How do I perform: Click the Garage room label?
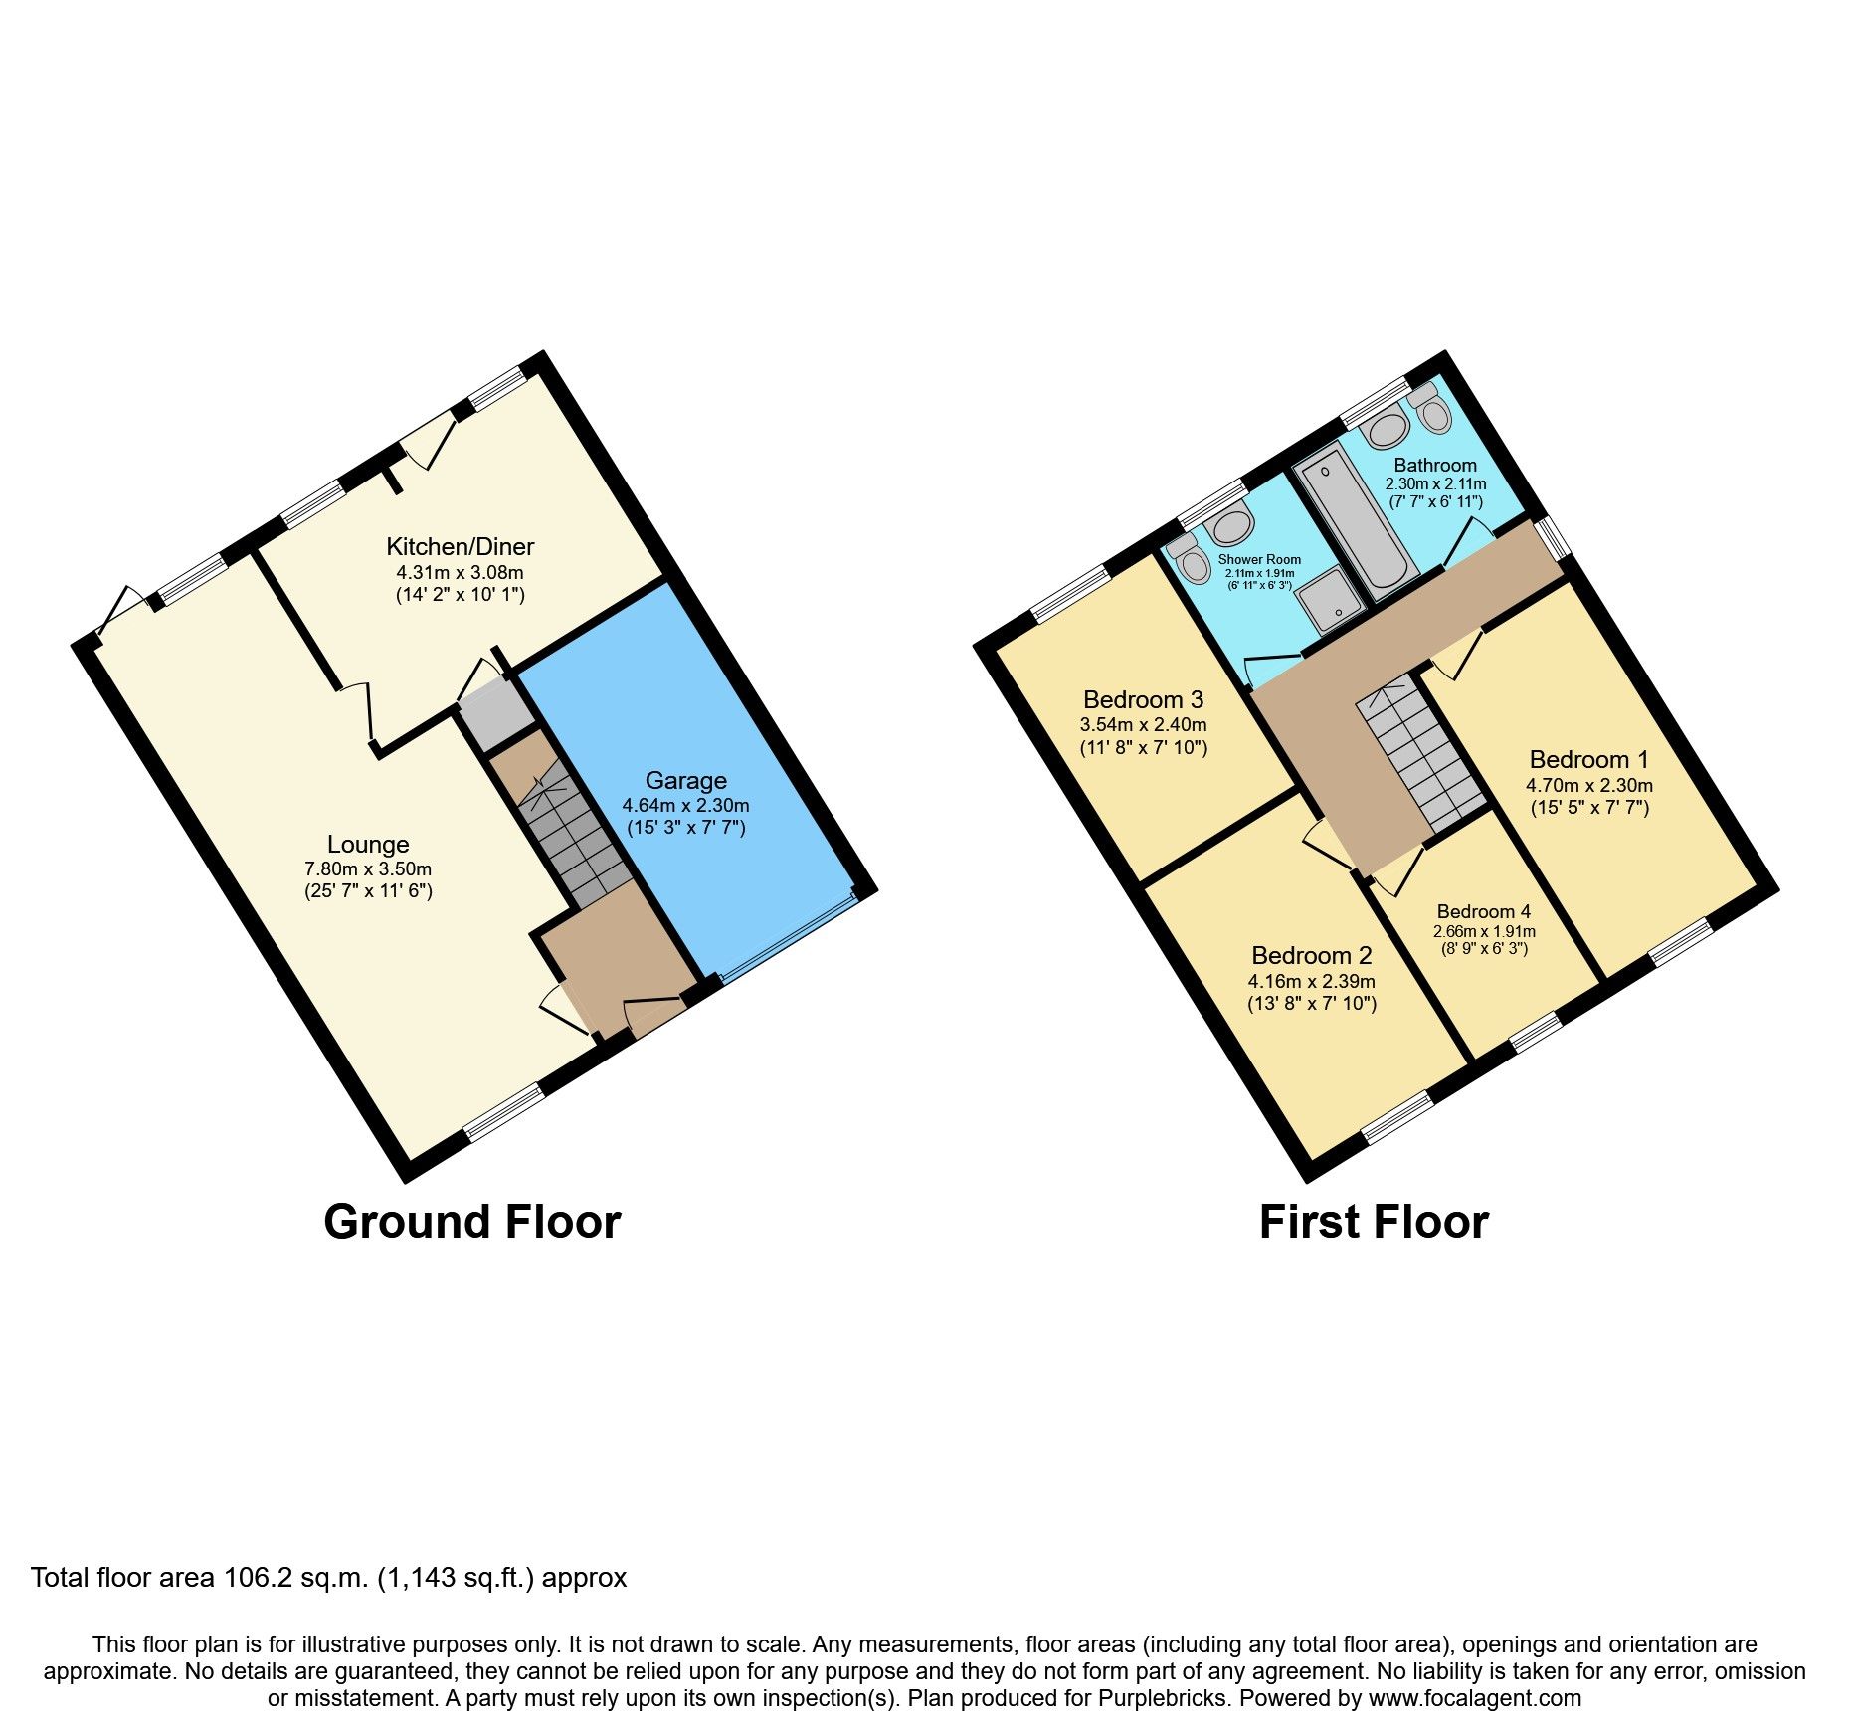click(x=685, y=781)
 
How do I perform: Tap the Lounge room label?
click(x=368, y=845)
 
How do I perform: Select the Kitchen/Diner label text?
click(x=460, y=547)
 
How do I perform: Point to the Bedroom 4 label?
click(x=1483, y=912)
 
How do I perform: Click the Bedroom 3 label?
click(x=1143, y=700)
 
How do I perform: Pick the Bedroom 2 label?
click(x=1311, y=956)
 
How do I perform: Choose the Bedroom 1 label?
click(x=1588, y=760)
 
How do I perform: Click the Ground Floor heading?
click(x=471, y=1222)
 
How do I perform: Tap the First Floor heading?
click(x=1374, y=1222)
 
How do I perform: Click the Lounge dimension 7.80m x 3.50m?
click(x=368, y=869)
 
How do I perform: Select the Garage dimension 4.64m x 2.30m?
click(x=685, y=806)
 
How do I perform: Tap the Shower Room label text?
click(x=1259, y=560)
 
